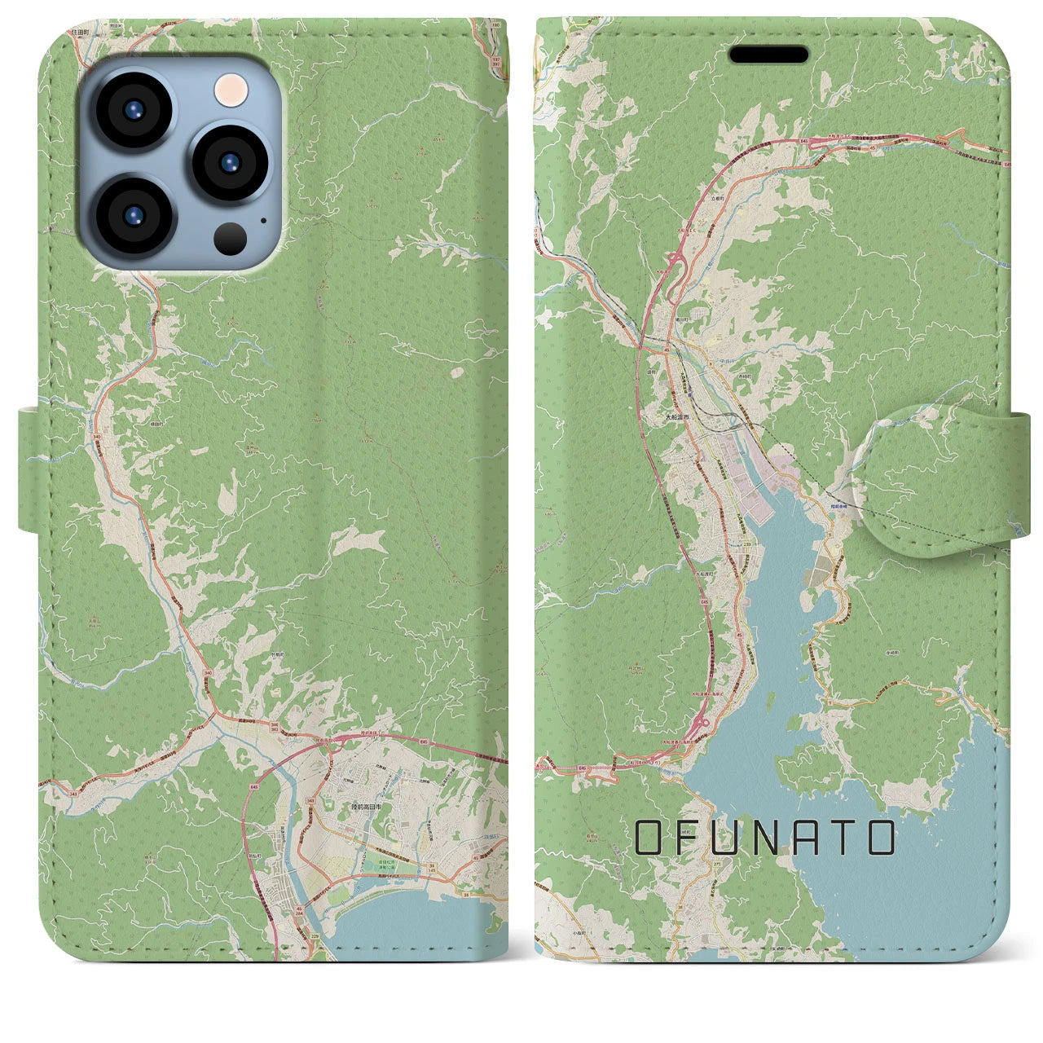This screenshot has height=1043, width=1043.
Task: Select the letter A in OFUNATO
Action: tap(824, 838)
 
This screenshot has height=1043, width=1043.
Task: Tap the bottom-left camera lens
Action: tap(133, 215)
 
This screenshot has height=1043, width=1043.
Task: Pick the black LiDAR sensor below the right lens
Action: tap(231, 238)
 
